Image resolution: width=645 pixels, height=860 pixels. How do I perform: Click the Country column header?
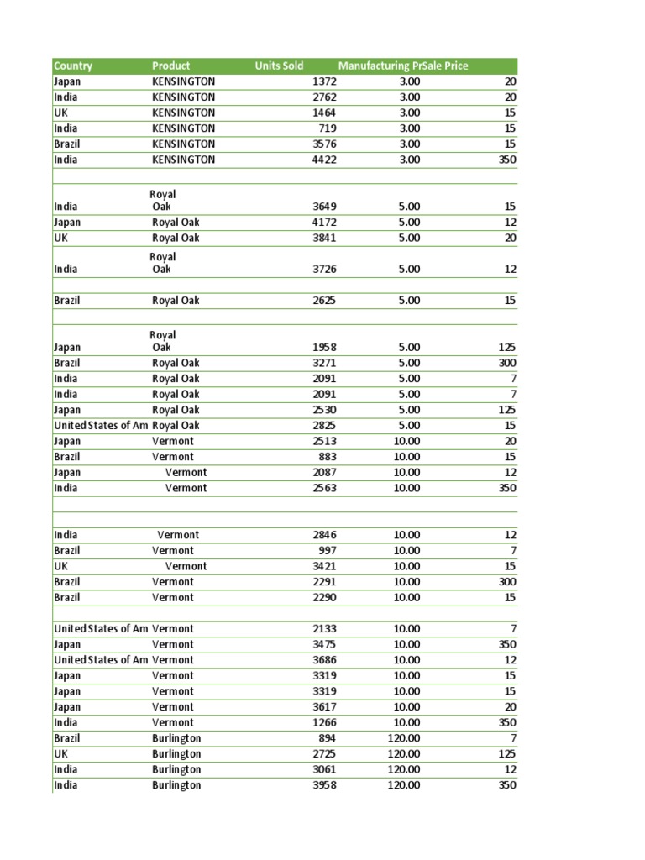click(73, 66)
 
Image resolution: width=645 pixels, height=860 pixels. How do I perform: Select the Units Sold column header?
click(279, 66)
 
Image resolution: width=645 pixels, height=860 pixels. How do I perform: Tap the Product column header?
click(171, 66)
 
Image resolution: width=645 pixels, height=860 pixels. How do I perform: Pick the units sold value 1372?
click(323, 81)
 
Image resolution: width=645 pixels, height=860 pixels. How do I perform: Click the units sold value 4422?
click(323, 160)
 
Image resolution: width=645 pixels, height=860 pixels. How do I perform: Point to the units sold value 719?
click(327, 128)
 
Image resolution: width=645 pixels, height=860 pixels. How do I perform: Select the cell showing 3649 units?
click(323, 207)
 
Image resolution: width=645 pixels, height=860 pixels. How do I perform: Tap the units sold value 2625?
click(323, 301)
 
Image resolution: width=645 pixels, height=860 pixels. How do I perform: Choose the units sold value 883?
click(327, 457)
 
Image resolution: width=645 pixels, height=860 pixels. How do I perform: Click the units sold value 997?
click(327, 551)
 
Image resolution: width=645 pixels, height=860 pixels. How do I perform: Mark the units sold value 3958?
click(323, 785)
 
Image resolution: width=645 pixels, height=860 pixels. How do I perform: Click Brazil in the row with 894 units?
click(67, 738)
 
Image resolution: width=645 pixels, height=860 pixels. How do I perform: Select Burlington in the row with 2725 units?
click(176, 754)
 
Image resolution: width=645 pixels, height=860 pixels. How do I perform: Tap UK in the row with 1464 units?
click(61, 113)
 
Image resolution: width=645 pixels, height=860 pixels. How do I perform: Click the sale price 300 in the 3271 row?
click(507, 363)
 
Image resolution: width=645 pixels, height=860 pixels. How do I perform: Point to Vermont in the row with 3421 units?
click(186, 566)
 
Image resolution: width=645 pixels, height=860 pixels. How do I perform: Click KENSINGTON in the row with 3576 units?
click(183, 144)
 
